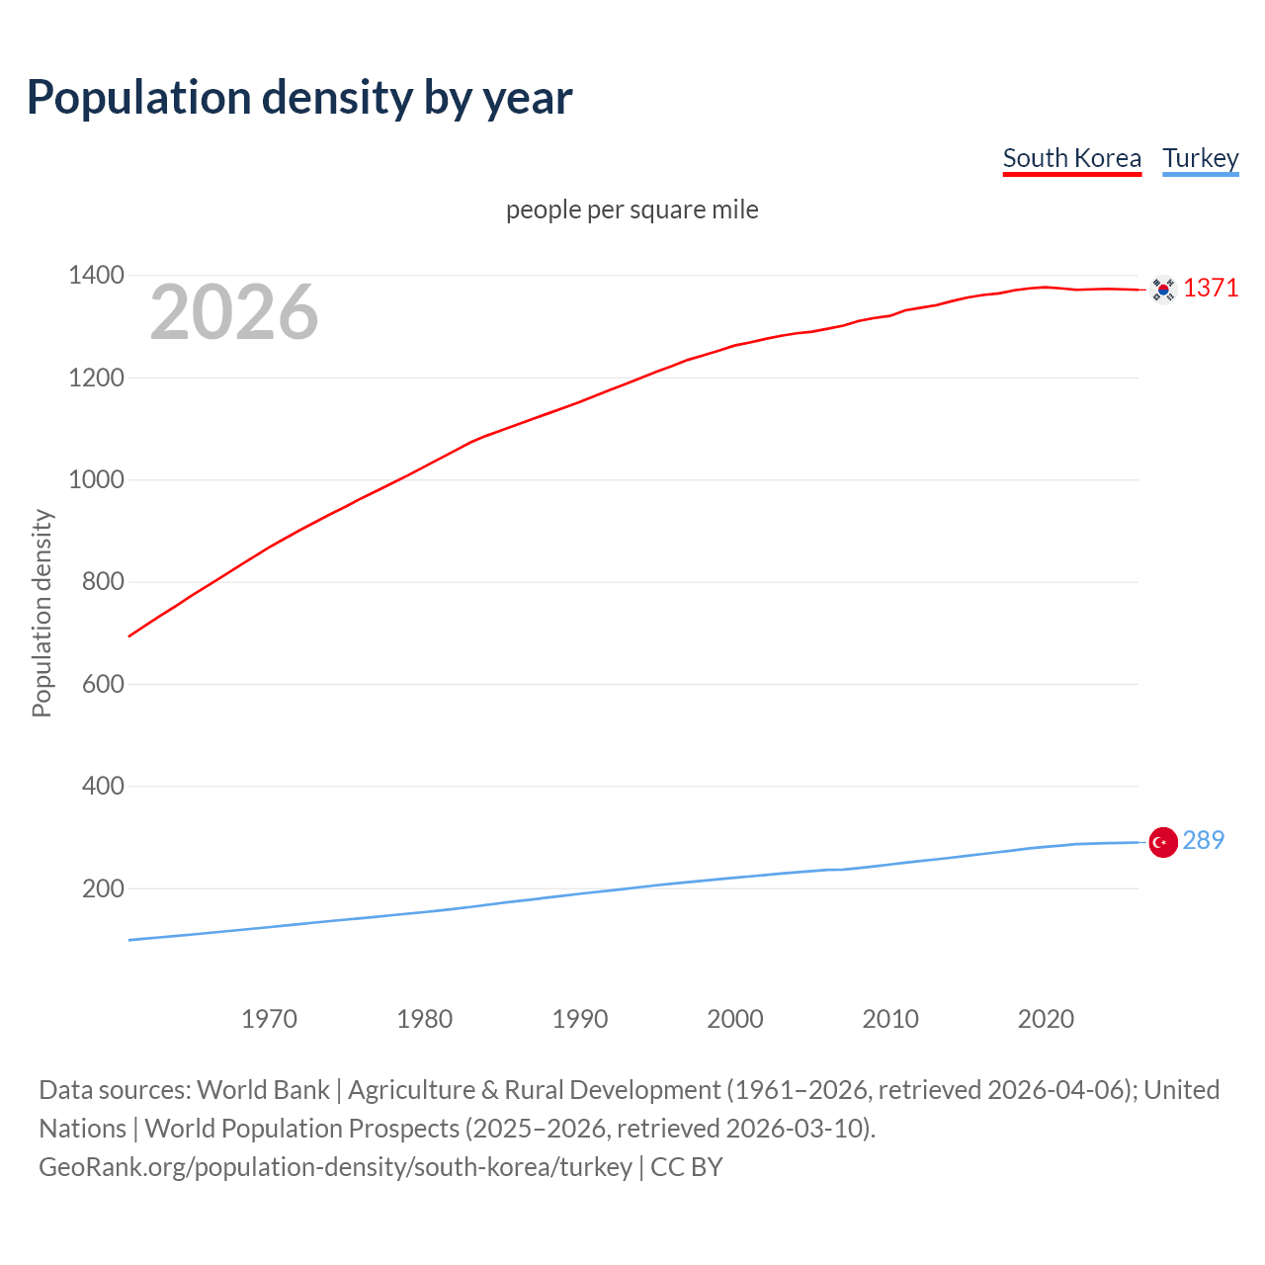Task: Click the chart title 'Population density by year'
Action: pos(299,98)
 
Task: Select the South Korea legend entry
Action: pos(1071,158)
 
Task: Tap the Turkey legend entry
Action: pos(1200,158)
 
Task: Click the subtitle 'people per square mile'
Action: pos(632,210)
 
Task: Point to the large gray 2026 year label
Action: pos(234,312)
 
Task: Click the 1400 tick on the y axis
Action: pos(96,275)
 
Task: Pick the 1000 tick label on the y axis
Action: pos(96,479)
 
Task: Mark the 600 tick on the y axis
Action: pos(103,684)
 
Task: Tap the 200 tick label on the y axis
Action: pos(103,888)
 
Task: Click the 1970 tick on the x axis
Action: pos(269,1019)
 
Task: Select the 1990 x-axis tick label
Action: pos(580,1019)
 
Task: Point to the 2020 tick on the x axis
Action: pos(1046,1019)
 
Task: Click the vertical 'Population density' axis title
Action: pos(42,613)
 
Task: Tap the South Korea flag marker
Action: pos(1163,290)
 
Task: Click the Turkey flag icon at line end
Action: pos(1163,842)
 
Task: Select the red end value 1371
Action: pos(1211,288)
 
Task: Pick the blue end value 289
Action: pos(1203,840)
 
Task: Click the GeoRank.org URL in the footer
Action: pos(335,1167)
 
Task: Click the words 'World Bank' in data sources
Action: pos(263,1090)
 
